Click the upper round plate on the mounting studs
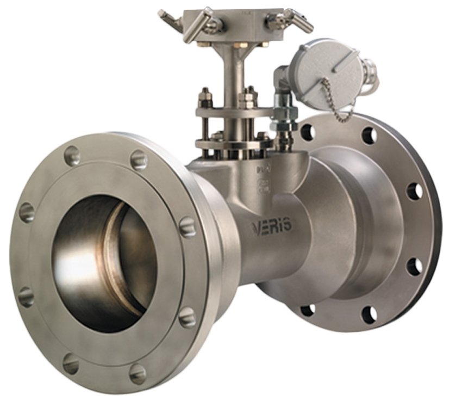click(x=234, y=111)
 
